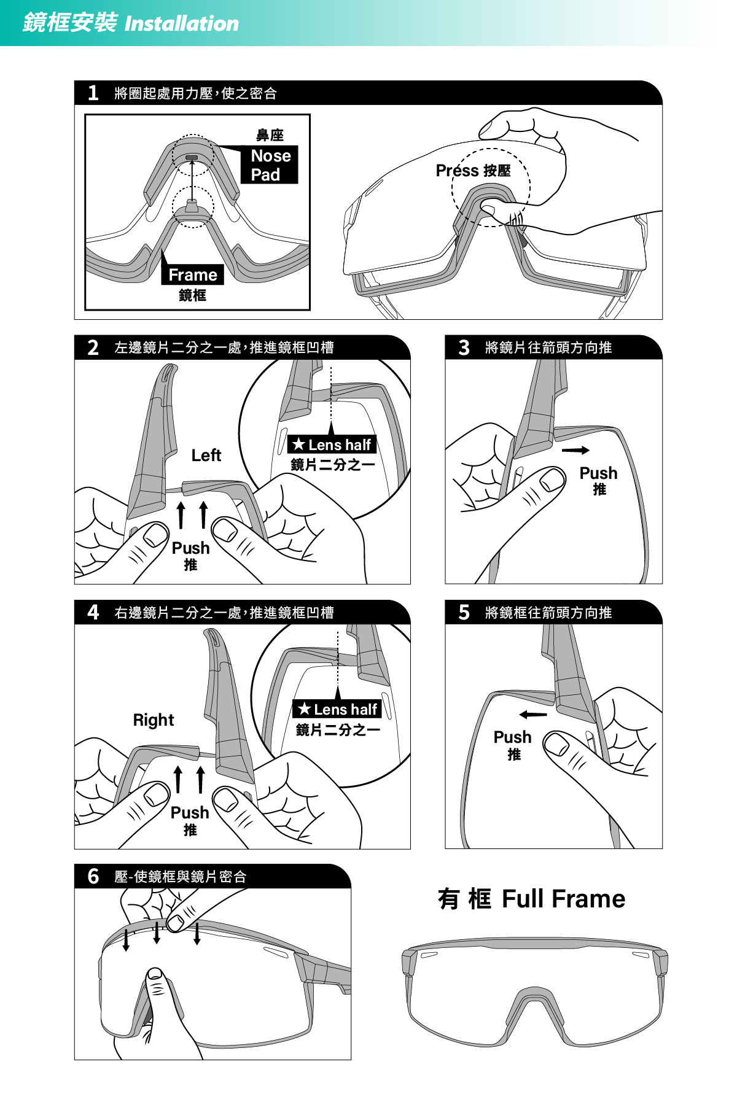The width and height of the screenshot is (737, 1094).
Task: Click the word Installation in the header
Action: pos(182,24)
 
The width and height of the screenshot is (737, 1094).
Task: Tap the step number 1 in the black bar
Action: pos(93,93)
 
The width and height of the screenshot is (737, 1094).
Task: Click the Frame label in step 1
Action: pos(193,275)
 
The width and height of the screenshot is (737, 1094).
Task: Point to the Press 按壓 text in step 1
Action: pos(473,171)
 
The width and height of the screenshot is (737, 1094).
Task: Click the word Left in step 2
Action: pos(206,456)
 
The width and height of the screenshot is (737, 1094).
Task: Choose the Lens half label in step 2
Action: pos(332,444)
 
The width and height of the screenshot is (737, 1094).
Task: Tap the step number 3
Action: pos(464,347)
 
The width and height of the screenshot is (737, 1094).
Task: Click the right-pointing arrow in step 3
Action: pos(575,451)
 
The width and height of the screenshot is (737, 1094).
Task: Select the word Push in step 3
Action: pos(598,473)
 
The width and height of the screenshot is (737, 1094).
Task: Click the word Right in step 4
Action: pos(154,720)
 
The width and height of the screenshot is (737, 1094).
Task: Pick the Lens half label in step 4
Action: pos(337,710)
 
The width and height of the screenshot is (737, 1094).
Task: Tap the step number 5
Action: pos(464,613)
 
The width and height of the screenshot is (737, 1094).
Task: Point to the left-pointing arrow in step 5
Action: pos(532,715)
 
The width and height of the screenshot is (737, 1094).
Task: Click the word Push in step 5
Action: pos(512,737)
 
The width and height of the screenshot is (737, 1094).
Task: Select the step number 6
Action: pos(93,876)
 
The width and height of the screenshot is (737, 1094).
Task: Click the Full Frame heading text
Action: pos(563,899)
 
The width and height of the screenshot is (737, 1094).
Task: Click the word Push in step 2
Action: pos(190,548)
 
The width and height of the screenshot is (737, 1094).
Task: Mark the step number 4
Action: pos(93,613)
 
